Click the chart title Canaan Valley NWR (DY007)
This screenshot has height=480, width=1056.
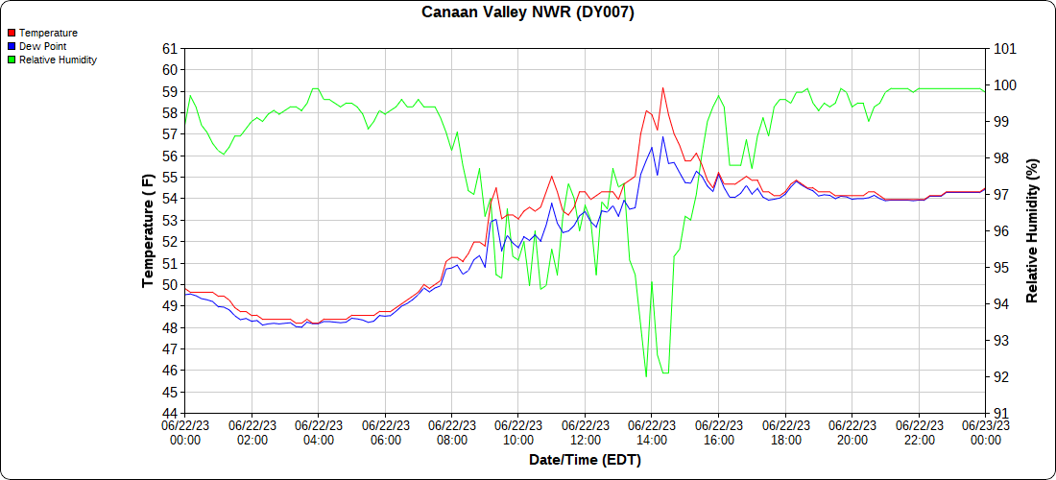[x=528, y=12]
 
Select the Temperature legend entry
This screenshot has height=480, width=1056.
[x=48, y=33]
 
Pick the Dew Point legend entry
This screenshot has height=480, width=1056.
[x=42, y=46]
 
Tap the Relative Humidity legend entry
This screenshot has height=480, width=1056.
[x=58, y=60]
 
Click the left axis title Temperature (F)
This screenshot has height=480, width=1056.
[x=148, y=230]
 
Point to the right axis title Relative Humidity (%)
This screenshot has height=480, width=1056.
[x=1033, y=230]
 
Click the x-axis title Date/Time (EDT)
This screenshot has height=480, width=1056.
[x=585, y=460]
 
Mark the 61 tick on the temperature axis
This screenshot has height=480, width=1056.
[x=170, y=49]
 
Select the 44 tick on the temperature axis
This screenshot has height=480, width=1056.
[x=170, y=414]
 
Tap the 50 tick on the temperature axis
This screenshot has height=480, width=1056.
[x=170, y=285]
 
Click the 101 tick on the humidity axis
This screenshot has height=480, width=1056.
[x=1004, y=49]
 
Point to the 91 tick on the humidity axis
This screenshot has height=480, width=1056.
[x=1000, y=414]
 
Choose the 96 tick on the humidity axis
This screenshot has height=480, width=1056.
[x=1000, y=231]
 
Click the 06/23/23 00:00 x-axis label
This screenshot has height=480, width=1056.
[x=986, y=432]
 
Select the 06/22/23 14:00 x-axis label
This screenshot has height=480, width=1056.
[x=652, y=432]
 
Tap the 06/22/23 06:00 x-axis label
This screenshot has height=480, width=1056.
[x=385, y=432]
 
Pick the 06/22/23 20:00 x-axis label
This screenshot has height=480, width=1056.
[x=852, y=432]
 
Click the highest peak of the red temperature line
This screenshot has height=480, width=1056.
[x=662, y=87]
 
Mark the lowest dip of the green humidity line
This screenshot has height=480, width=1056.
[x=646, y=376]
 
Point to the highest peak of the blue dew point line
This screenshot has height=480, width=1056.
[x=662, y=136]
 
